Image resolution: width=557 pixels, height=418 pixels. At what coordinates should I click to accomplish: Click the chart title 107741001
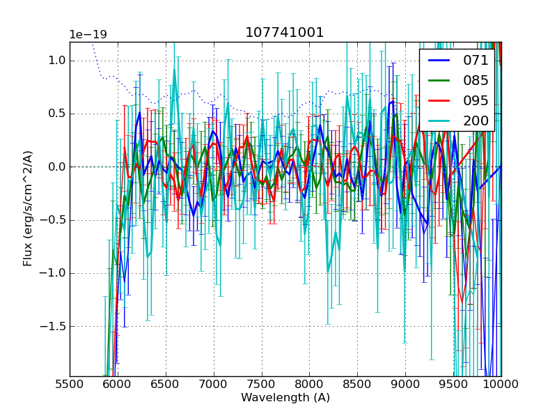(285, 33)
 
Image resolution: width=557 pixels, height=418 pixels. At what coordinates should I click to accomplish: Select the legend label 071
(476, 60)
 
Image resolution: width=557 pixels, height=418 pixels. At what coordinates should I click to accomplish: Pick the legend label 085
(476, 80)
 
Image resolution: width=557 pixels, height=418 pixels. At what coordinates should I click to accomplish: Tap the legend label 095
(476, 100)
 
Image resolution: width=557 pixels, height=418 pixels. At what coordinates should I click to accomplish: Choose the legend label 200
(476, 121)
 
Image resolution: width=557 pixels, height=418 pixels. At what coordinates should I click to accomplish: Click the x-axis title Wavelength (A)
(285, 398)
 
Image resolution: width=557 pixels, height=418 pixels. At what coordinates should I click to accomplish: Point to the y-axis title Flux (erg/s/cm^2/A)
(28, 208)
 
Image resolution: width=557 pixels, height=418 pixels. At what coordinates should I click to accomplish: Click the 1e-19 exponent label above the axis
(87, 35)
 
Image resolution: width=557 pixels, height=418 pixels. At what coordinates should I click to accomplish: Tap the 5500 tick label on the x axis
(70, 385)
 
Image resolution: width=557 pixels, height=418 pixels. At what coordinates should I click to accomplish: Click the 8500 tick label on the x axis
(357, 385)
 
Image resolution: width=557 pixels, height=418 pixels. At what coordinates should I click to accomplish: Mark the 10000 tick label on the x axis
(501, 385)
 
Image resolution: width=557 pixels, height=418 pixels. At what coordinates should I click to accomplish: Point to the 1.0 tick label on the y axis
(56, 61)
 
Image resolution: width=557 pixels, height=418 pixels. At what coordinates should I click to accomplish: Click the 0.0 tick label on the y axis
(56, 167)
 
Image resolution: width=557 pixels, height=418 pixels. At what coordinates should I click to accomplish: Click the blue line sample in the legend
(439, 61)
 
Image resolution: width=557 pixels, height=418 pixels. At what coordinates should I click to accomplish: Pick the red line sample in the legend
(439, 101)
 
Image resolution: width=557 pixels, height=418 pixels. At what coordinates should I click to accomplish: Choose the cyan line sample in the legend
(439, 121)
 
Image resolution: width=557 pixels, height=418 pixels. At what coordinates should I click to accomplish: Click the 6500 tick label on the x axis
(166, 385)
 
